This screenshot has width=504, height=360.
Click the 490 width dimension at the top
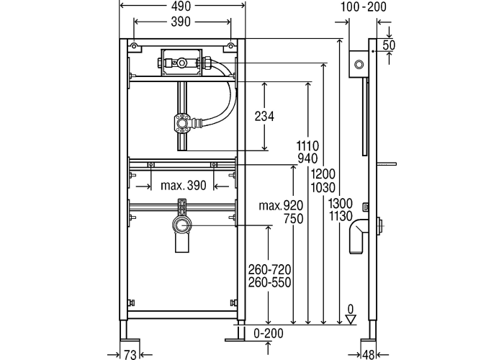coord(181,6)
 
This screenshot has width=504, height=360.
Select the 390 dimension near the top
coord(181,22)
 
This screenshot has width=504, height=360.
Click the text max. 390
coord(183,186)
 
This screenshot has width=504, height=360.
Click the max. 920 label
coord(281,206)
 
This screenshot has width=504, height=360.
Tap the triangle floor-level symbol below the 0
coord(351,322)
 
